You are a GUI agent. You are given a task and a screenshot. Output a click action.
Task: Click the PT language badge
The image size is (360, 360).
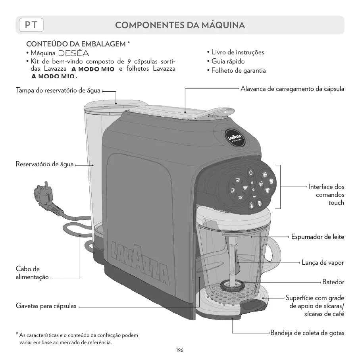[x=31, y=25]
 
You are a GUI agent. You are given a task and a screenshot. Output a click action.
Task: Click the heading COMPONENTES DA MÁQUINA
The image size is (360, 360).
[x=180, y=25]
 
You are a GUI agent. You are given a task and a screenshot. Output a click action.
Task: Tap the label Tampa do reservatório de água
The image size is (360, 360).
[x=58, y=91]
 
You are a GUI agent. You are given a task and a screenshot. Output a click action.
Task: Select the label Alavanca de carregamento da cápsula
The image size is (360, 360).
[x=292, y=89]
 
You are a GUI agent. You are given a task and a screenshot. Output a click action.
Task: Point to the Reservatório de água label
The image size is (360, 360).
[x=44, y=164]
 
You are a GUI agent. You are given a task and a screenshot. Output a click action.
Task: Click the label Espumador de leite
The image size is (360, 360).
[x=318, y=237]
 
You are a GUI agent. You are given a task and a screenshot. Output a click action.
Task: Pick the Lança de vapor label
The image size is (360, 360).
[x=322, y=262]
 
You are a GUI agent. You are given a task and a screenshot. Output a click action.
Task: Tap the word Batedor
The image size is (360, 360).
[x=333, y=282]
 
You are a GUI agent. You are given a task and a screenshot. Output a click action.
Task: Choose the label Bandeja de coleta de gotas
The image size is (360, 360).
[x=307, y=333]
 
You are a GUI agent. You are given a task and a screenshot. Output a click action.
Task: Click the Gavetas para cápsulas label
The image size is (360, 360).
[x=46, y=306]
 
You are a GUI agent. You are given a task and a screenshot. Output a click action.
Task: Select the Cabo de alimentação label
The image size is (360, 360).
[x=33, y=273]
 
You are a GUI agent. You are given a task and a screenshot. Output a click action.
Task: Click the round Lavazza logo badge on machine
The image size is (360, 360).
[x=234, y=137]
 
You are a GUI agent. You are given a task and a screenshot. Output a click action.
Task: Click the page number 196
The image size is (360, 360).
[x=180, y=350]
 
